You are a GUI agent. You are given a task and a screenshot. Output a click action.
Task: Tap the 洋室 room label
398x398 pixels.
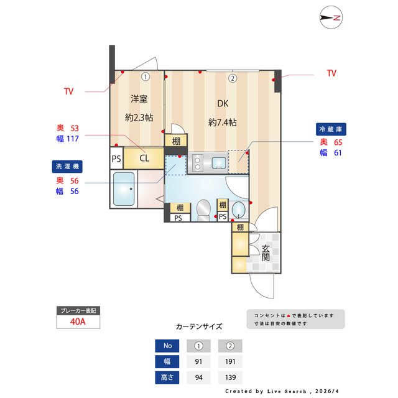pyautogui.click(x=139, y=99)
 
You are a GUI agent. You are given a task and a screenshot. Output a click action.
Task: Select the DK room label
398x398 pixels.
pyautogui.click(x=223, y=104)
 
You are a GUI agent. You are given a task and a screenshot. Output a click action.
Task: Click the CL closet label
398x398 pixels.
pyautogui.click(x=144, y=158)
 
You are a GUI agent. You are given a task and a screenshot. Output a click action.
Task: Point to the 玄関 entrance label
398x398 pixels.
pyautogui.click(x=266, y=251)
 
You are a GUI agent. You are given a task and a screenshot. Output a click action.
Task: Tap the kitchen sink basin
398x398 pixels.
pyautogui.click(x=219, y=163)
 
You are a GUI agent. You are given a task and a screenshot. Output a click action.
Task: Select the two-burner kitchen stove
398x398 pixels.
pyautogui.click(x=197, y=163)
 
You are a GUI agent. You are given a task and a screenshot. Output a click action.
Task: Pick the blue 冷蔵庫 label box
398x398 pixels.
pyautogui.click(x=331, y=129)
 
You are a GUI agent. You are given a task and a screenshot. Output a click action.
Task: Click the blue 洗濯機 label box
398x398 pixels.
pyautogui.click(x=67, y=166)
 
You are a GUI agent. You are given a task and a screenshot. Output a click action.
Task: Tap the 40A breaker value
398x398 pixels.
pyautogui.click(x=78, y=322)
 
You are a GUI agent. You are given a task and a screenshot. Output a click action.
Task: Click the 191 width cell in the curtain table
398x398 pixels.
pyautogui.click(x=229, y=362)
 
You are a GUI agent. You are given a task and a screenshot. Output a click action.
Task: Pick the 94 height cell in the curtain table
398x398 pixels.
pyautogui.click(x=199, y=377)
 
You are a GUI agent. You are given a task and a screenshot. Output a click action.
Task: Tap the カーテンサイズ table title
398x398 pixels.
pyautogui.click(x=199, y=326)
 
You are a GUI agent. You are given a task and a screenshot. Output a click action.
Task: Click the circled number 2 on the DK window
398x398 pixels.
pyautogui.click(x=232, y=78)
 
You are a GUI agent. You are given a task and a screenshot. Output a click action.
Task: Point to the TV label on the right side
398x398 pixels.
pyautogui.click(x=331, y=73)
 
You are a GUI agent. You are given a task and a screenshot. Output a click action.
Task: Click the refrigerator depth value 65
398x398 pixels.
pyautogui.click(x=338, y=142)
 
